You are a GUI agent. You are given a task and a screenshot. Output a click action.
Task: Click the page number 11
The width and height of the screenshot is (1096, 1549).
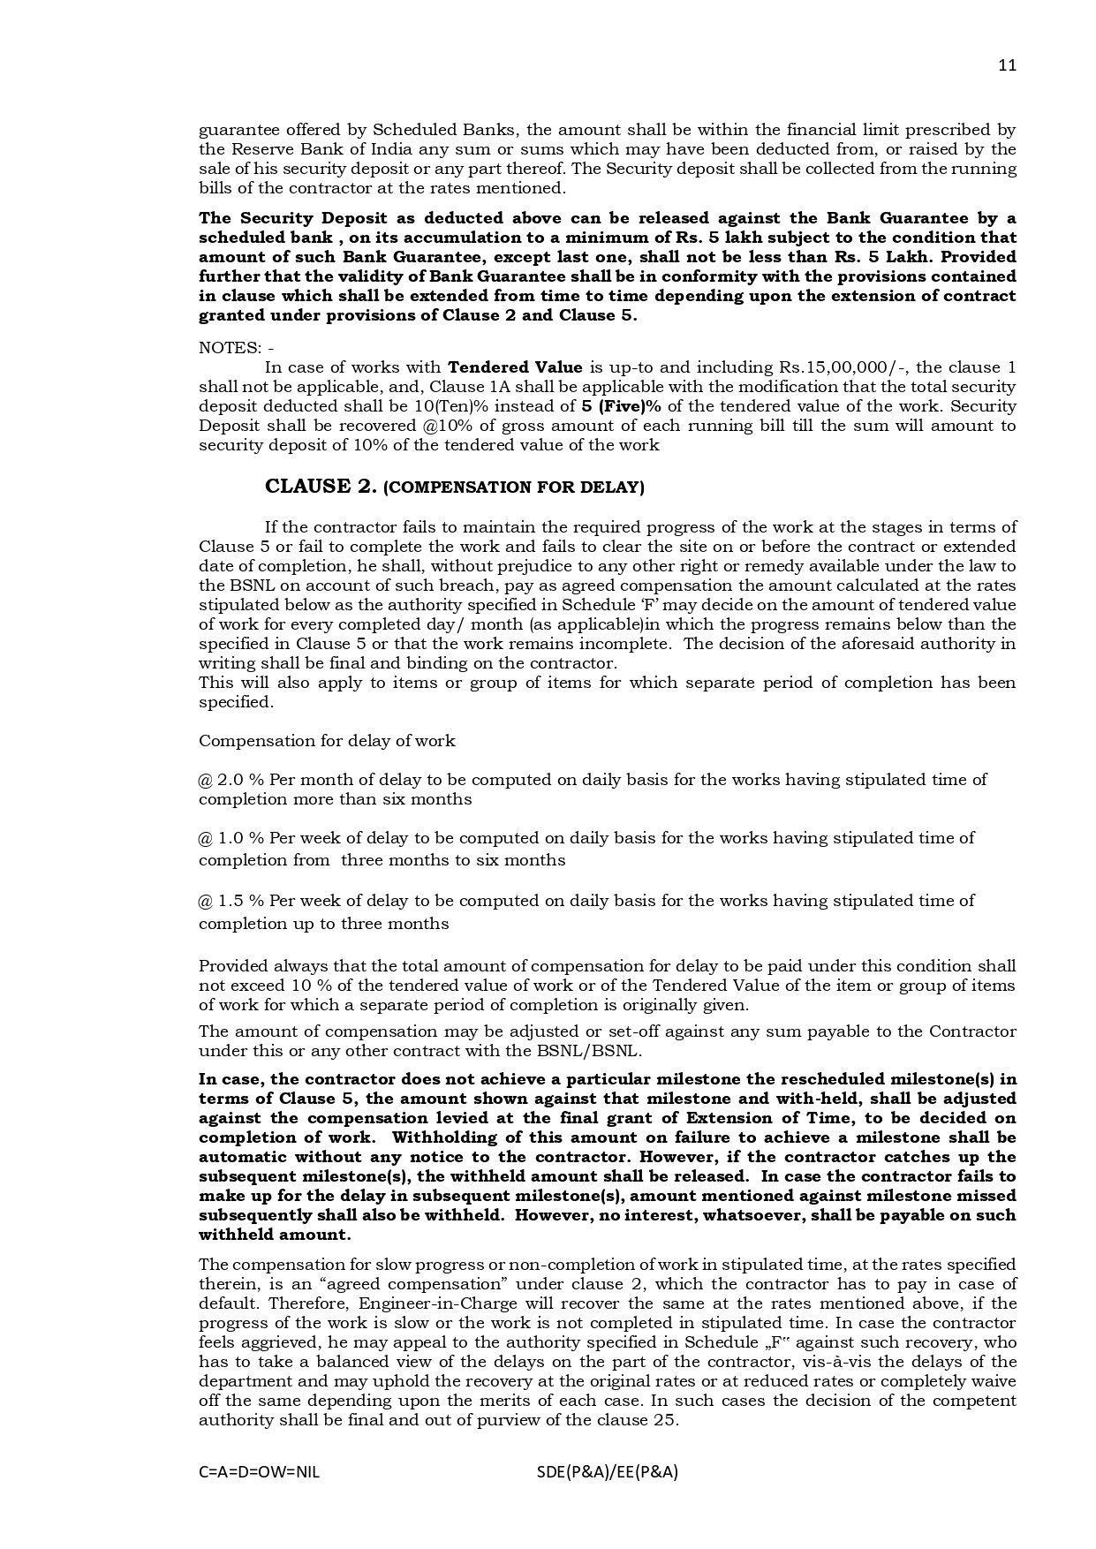click(x=1007, y=65)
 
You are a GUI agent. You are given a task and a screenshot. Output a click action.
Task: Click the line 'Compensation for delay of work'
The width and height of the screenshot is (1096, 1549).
click(x=327, y=741)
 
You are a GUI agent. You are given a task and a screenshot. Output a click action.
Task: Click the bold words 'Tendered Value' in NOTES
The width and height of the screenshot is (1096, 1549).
click(x=515, y=367)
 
